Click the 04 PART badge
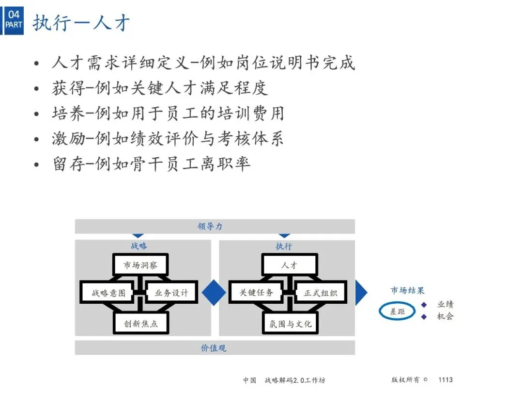coord(14,19)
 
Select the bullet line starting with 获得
coord(160,88)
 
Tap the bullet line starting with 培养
coord(168,113)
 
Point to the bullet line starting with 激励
coord(168,138)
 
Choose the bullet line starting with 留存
coord(151,164)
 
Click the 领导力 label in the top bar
coord(210,227)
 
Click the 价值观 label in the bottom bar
coord(214,348)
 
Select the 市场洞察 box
coord(140,265)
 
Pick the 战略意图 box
coord(108,293)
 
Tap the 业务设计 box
coord(171,293)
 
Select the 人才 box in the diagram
coord(290,265)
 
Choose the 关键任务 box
coord(257,293)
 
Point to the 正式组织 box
coord(321,293)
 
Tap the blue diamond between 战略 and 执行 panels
coord(214,293)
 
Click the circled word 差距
coord(397,311)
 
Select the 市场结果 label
coord(407,291)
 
